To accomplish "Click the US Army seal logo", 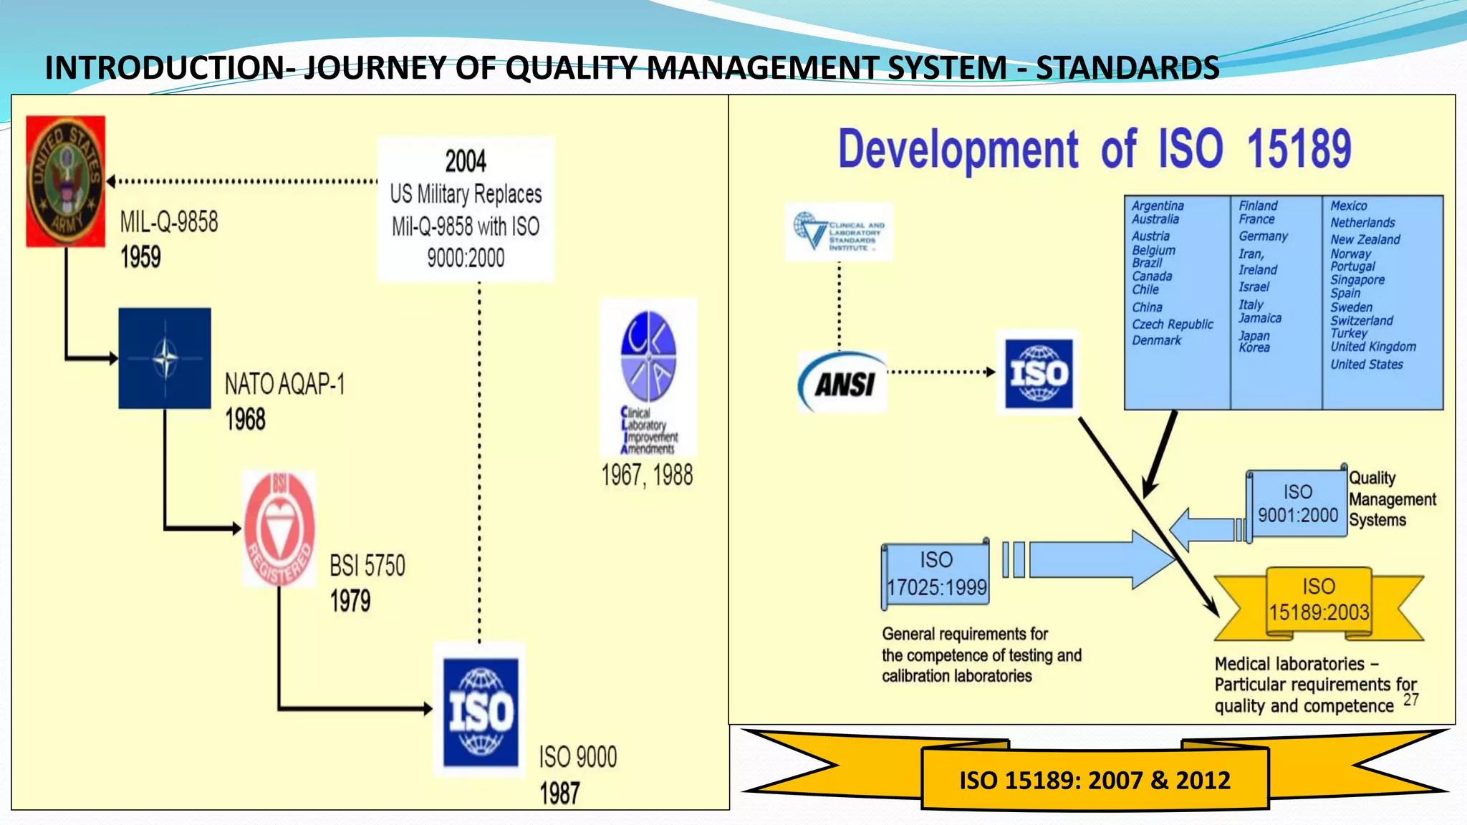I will (x=65, y=181).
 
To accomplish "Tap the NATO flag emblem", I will (x=165, y=358).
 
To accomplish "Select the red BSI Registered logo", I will (x=279, y=529).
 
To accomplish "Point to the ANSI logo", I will (x=843, y=383).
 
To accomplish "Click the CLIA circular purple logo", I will (x=648, y=356).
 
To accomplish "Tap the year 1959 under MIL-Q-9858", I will (x=140, y=257).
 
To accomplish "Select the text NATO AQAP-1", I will (x=284, y=385).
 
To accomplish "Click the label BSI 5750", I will (x=367, y=566).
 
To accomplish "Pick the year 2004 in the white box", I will (x=466, y=161).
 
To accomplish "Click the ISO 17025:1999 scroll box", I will (x=936, y=574).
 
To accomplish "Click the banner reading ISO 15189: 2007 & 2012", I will (x=1095, y=780).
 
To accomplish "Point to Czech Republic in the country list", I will (x=1173, y=324).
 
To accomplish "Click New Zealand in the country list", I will (x=1365, y=240).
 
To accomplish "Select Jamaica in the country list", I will (x=1260, y=319).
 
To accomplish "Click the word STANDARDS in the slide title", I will (x=1127, y=68).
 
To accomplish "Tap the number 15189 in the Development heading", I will (x=1299, y=149).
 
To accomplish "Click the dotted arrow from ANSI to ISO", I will (x=941, y=372).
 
